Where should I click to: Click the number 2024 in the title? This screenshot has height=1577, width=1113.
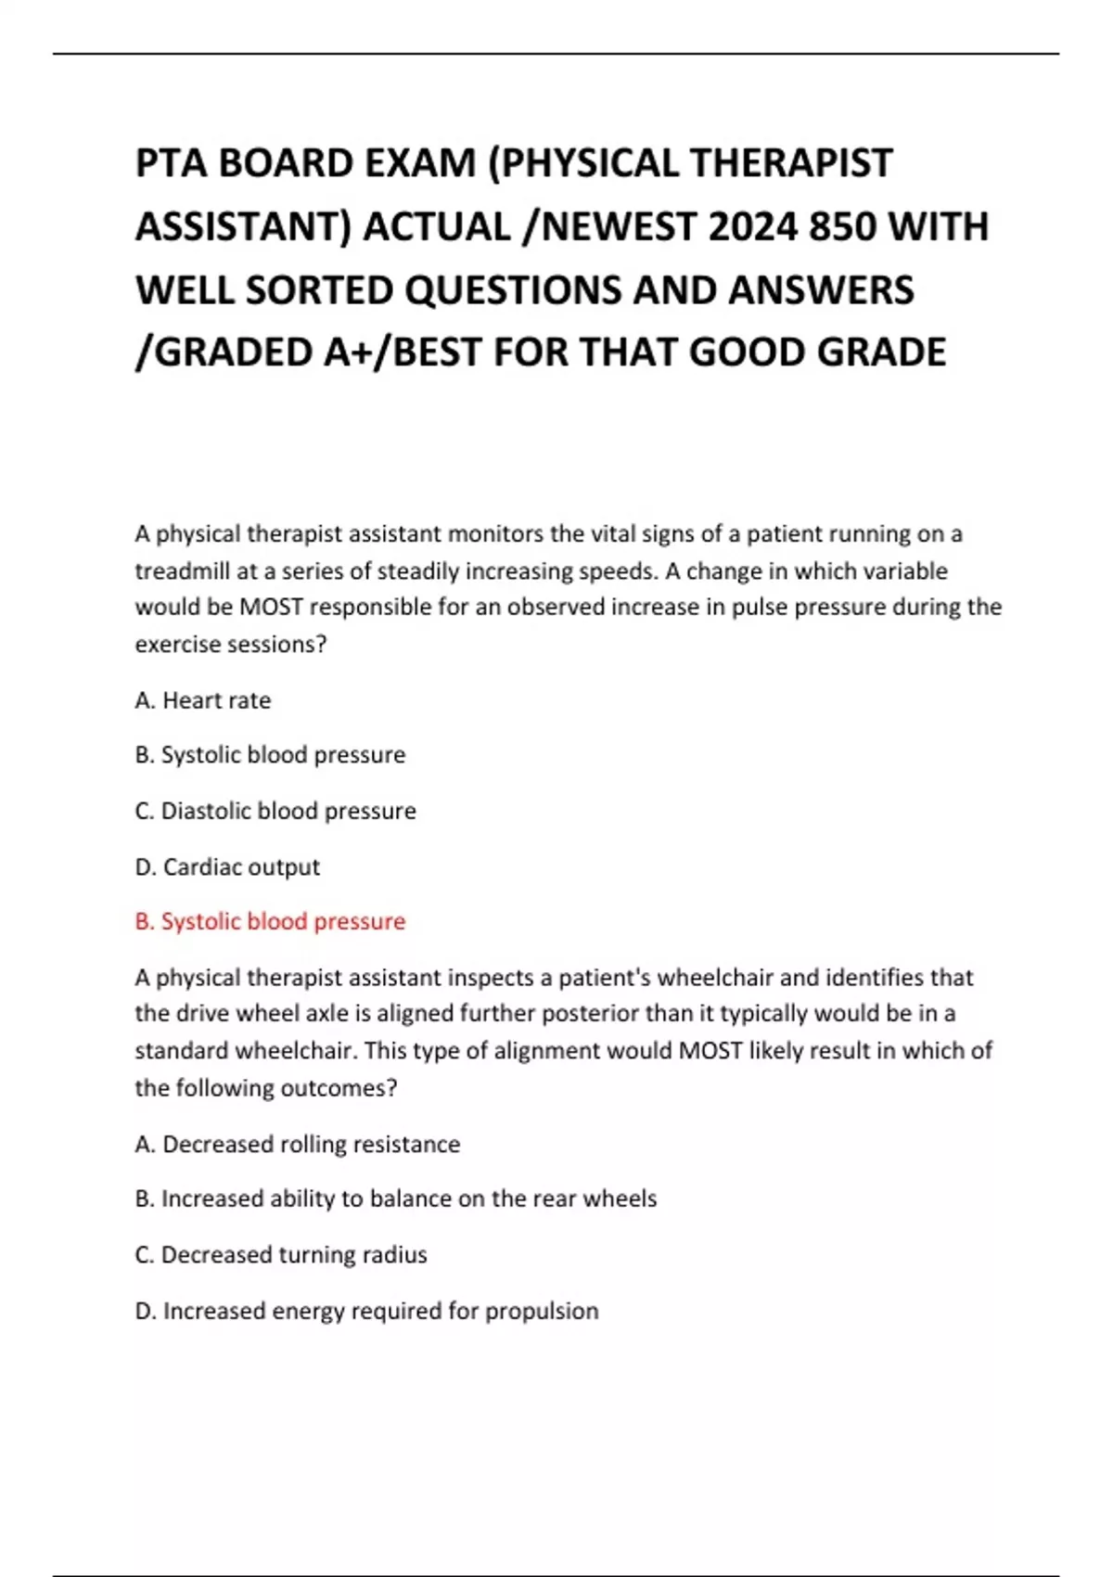[x=752, y=226]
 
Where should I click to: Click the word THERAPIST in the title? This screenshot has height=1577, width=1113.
[x=790, y=163]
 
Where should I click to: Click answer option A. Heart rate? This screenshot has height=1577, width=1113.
[x=203, y=700]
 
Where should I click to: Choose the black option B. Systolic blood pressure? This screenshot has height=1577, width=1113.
[x=270, y=755]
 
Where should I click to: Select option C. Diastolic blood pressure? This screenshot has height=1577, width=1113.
[x=275, y=811]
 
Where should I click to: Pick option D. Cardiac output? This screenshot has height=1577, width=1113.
[x=227, y=866]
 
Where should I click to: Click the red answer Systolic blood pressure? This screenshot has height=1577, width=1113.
[x=270, y=921]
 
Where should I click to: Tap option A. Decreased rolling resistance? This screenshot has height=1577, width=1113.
[x=297, y=1144]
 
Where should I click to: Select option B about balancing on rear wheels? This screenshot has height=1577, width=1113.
[x=395, y=1199]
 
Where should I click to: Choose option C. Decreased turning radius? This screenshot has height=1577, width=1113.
[x=281, y=1254]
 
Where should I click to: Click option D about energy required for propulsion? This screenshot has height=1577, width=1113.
[x=366, y=1311]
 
